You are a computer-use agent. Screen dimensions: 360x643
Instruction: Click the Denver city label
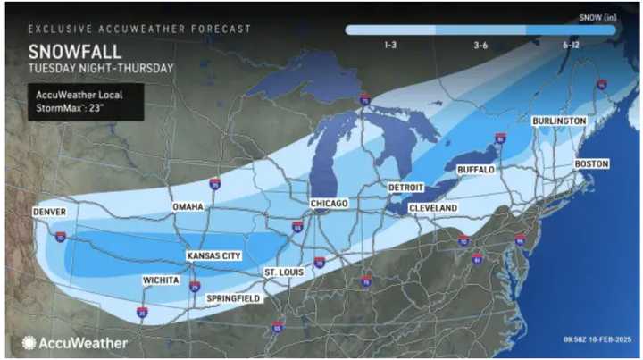pos(50,212)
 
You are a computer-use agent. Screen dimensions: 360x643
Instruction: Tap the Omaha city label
pos(188,207)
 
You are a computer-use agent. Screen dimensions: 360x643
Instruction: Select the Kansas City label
pos(213,255)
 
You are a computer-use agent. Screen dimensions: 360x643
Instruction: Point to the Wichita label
pos(161,280)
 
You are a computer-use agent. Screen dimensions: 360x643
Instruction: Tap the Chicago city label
pos(330,204)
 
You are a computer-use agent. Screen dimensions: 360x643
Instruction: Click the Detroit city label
pos(405,188)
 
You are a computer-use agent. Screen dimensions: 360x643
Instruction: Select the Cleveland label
pos(432,207)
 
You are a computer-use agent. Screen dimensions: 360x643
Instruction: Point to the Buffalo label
pos(475,169)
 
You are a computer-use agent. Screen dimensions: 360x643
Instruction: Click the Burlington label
pos(558,121)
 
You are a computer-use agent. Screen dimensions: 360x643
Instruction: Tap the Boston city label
pos(590,164)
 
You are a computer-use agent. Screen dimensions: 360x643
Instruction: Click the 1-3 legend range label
pos(390,43)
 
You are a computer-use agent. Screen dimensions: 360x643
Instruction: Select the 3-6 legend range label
pos(480,43)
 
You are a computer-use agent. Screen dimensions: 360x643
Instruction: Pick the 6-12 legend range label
pos(571,43)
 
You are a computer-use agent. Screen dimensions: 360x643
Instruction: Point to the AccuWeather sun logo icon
pos(29,342)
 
